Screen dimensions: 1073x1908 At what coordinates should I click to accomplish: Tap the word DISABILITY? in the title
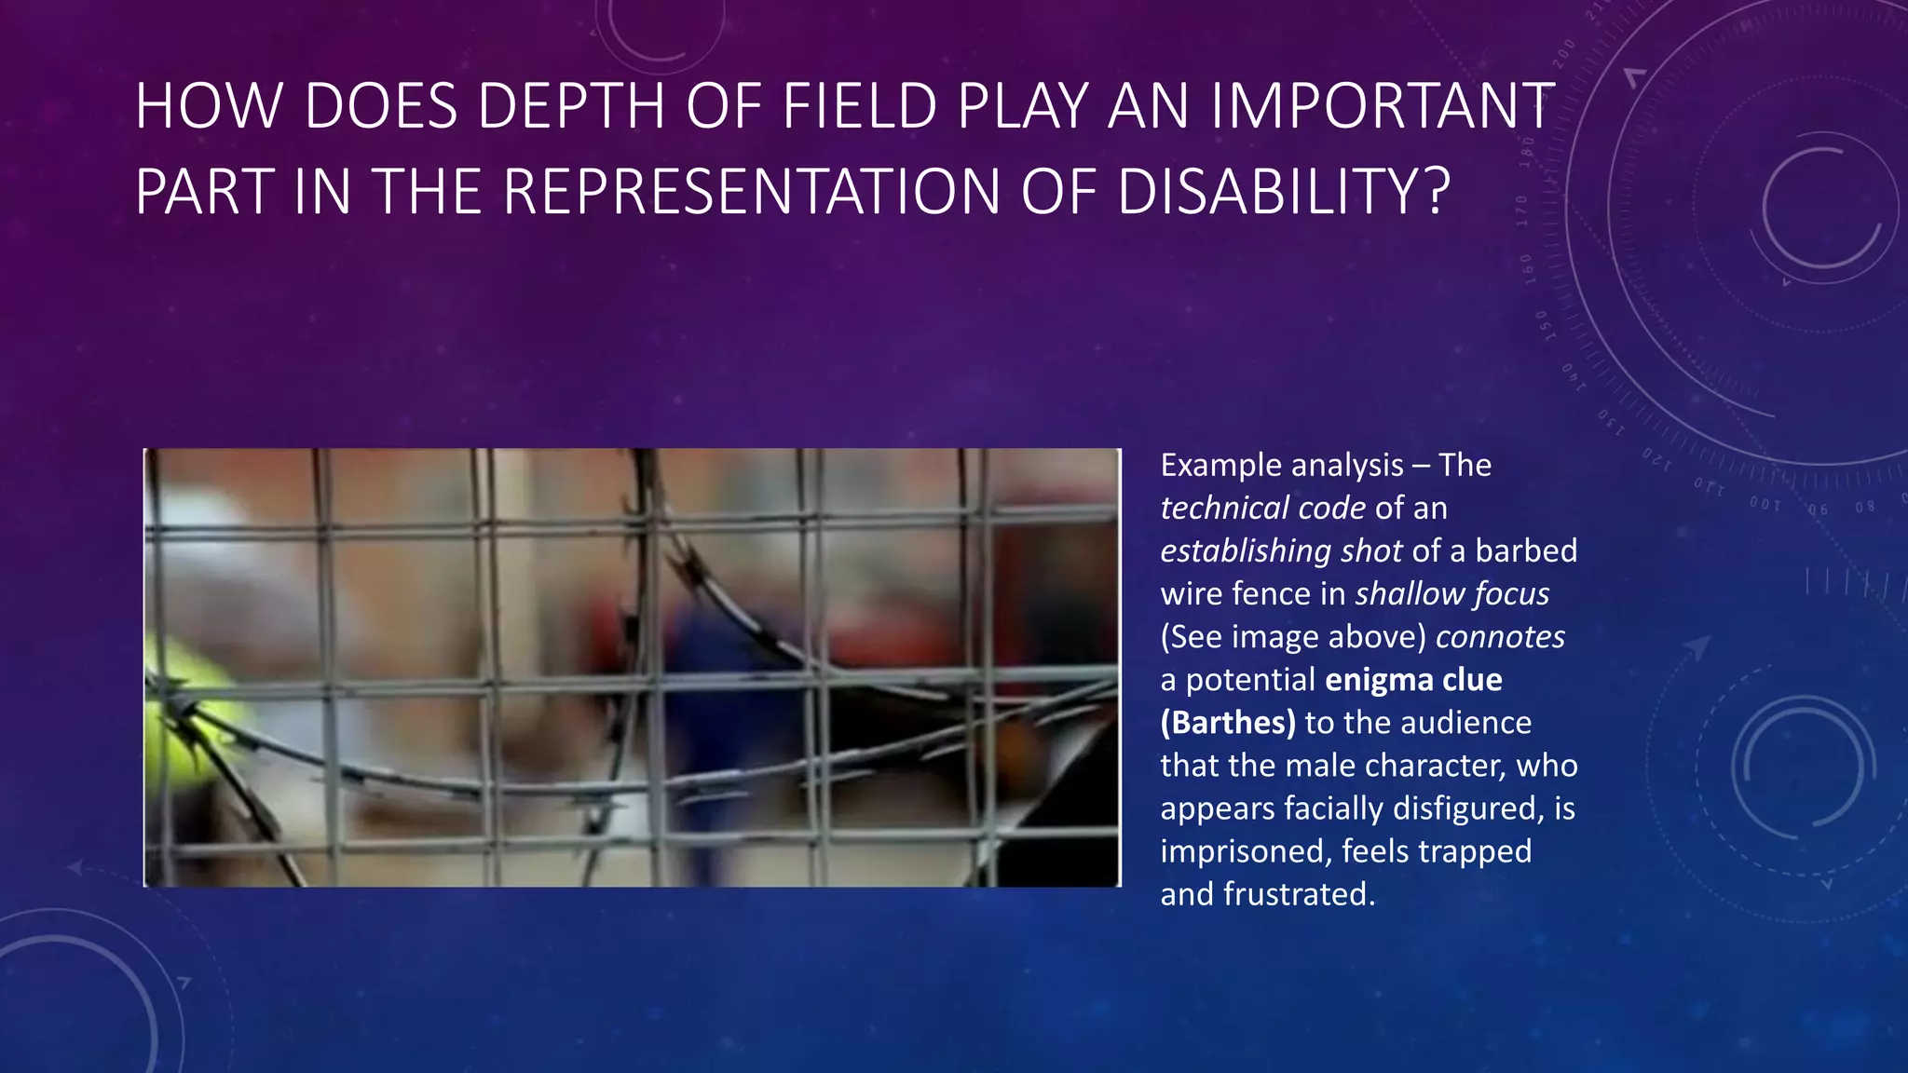coord(1283,192)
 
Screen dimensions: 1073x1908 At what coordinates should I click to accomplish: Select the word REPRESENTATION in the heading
coord(750,192)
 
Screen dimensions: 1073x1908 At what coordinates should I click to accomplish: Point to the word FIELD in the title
coord(858,106)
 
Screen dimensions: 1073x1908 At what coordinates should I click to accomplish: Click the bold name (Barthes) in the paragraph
coord(1227,723)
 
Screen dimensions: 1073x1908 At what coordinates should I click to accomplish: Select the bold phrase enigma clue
coord(1413,680)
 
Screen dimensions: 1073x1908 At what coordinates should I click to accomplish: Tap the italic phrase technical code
coord(1262,509)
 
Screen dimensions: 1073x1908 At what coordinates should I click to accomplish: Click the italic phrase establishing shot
coord(1281,551)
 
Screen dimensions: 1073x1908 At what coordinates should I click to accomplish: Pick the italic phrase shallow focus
coord(1451,594)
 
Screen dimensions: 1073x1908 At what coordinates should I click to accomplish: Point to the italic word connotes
coord(1500,637)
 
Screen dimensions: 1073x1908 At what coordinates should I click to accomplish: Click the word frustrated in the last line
coord(1299,894)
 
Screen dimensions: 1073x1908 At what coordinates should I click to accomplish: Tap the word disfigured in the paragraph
coord(1467,808)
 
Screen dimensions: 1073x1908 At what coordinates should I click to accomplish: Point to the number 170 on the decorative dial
coord(1521,211)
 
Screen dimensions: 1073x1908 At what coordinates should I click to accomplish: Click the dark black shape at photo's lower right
coord(1071,820)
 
